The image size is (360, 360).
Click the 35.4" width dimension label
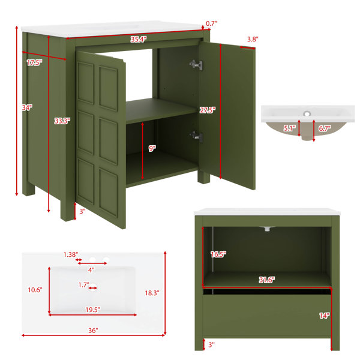[139, 39]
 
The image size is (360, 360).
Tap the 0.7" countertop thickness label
[211, 23]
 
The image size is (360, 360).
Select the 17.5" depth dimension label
[34, 62]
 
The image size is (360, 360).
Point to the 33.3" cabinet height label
[62, 121]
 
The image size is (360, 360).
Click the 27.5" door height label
[208, 110]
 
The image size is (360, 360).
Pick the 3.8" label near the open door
[253, 39]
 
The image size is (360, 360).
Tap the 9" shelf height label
[152, 149]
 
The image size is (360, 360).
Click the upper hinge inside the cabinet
[196, 65]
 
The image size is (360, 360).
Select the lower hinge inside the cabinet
[196, 137]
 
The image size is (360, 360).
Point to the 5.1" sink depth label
[290, 128]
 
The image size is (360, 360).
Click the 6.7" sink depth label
[325, 128]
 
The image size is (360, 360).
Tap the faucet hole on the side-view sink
[307, 113]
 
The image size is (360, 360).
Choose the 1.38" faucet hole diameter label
[71, 254]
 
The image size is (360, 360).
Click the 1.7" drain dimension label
[83, 285]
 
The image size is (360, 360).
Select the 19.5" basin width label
[93, 310]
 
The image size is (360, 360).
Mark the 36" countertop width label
[93, 331]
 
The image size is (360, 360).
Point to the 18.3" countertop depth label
[152, 293]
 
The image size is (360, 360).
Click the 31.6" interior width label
[267, 280]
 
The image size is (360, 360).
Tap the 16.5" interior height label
[218, 254]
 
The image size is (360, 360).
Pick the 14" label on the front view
[325, 316]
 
